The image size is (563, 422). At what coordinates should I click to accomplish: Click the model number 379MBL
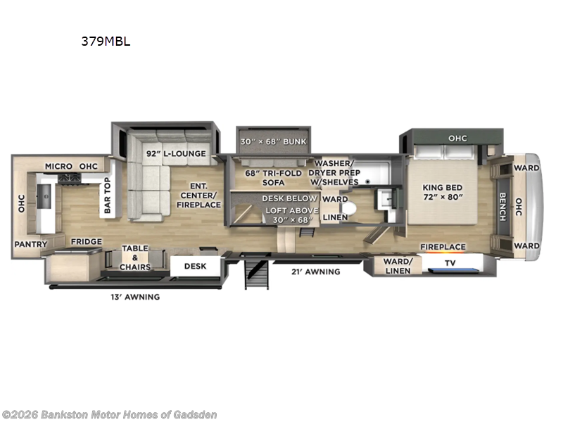[x=106, y=41]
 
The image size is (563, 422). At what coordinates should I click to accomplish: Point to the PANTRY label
[x=30, y=245]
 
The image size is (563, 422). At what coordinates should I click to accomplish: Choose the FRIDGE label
[x=85, y=242]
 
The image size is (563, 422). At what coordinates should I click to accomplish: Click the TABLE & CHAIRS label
[x=135, y=257]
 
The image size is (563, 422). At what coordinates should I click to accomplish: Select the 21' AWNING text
[x=317, y=271]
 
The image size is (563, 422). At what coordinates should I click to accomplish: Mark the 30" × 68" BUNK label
[x=273, y=141]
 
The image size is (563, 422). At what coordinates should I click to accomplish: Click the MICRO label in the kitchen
[x=59, y=166]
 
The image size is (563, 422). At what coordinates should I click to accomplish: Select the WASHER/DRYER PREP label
[x=337, y=172]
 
